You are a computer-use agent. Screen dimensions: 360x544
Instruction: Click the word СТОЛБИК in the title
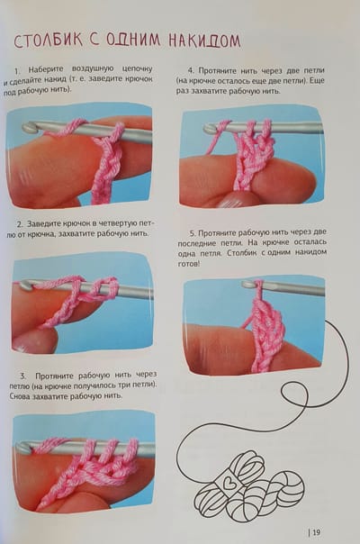click(49, 41)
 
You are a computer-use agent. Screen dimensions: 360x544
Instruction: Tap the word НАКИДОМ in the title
click(204, 41)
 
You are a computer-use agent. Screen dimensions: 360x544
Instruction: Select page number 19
click(316, 532)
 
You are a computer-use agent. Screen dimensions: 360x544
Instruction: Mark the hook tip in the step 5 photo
click(247, 285)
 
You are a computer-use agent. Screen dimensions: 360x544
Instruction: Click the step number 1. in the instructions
click(17, 71)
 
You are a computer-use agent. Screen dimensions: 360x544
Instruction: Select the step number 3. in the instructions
click(22, 376)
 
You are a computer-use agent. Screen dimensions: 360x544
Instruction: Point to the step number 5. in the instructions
click(193, 232)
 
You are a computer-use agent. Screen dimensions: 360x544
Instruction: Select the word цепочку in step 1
click(138, 68)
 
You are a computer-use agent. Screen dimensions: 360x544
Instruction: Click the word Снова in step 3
click(19, 396)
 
